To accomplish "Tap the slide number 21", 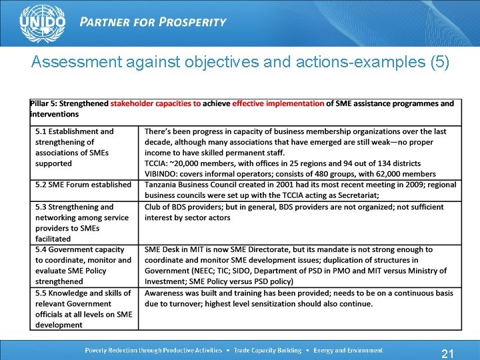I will coord(448,353).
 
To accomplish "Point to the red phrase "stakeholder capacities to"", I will coord(155,103).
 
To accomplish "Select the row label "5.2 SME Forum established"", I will coord(83,185).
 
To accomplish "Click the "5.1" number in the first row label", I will coord(42,131).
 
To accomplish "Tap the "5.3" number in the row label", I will coord(42,207).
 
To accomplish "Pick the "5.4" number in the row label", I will coord(42,249).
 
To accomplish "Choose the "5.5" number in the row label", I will coord(42,293).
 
